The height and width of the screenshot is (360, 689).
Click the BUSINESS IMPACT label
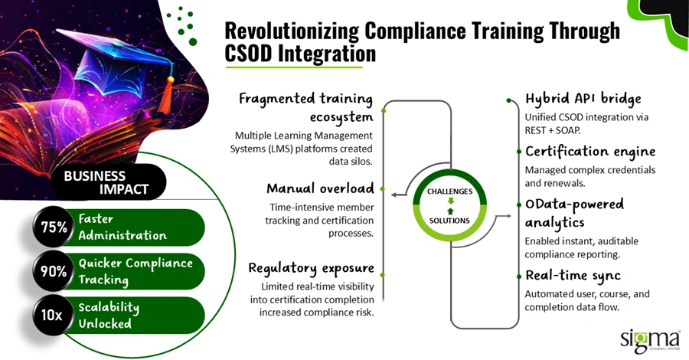pos(106,182)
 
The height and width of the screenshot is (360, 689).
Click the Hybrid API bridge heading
pos(583,99)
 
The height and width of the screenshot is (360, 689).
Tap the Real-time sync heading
pos(573,275)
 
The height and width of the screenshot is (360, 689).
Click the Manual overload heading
pos(320,188)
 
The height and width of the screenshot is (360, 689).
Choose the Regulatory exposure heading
pos(311,267)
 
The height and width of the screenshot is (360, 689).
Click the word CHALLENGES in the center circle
pos(449,191)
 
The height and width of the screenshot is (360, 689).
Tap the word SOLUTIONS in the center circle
pos(449,221)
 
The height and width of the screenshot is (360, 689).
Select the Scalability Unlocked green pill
pos(138,315)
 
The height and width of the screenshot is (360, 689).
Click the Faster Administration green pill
pos(138,227)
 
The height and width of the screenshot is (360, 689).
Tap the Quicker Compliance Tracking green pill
pos(138,271)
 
